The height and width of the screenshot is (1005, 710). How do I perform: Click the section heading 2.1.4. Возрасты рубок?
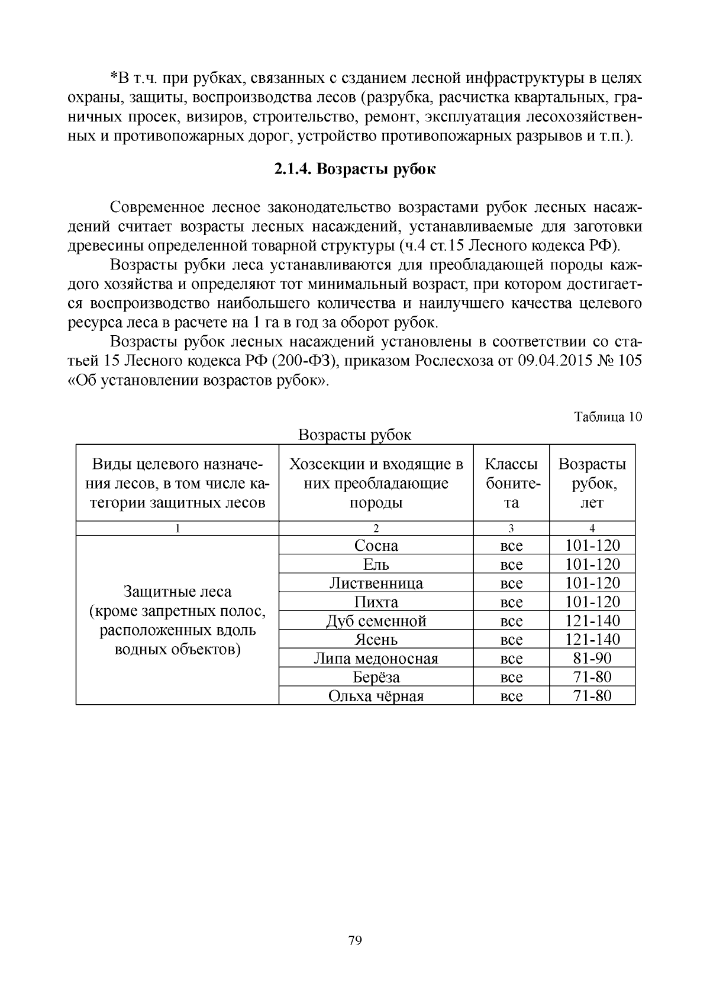tap(355, 169)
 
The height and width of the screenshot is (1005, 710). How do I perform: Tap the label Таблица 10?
tap(608, 417)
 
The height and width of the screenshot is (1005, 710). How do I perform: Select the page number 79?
tap(355, 940)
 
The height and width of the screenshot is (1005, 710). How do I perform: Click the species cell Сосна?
tap(376, 545)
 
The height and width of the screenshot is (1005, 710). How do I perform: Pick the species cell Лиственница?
tap(376, 583)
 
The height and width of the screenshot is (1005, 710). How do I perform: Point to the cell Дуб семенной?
tap(376, 621)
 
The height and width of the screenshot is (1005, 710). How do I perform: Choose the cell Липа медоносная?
tap(376, 659)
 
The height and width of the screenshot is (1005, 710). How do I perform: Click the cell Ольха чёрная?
tap(376, 696)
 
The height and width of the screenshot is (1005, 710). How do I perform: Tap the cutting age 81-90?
tap(592, 658)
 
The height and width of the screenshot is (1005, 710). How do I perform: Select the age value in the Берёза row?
tap(592, 677)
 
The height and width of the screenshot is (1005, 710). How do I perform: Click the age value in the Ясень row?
tap(592, 640)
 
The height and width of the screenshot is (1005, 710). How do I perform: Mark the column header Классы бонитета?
tap(511, 483)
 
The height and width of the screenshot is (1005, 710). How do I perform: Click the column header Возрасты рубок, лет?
tap(592, 483)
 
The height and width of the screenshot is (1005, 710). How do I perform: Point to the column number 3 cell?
tap(511, 529)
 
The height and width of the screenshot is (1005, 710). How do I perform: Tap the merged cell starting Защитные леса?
tap(177, 620)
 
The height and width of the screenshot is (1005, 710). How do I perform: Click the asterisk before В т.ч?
tap(114, 78)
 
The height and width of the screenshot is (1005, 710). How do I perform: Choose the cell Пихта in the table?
tap(376, 602)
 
